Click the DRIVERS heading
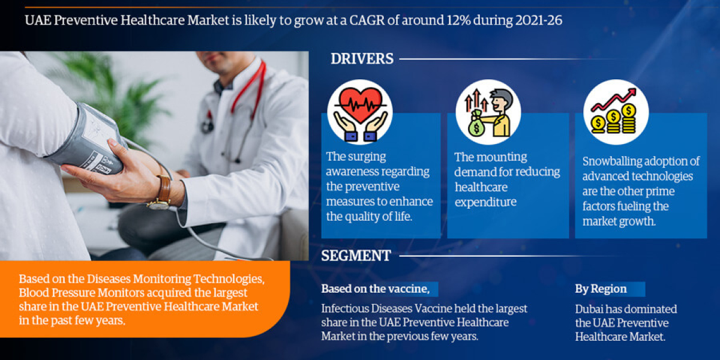(362, 59)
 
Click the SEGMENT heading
(356, 256)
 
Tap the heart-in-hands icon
(359, 112)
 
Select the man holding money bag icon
(488, 112)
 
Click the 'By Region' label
(601, 289)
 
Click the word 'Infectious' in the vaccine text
(346, 309)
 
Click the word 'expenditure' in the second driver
(485, 202)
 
